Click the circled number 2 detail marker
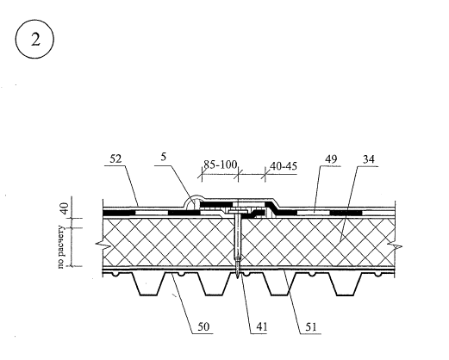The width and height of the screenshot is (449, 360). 34,39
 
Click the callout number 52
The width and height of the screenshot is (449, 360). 115,158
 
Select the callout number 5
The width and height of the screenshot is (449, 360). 164,157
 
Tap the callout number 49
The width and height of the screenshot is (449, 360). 331,158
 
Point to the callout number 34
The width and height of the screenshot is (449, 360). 369,158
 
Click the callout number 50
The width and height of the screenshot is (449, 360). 203,326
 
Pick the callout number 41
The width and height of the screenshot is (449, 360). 262,326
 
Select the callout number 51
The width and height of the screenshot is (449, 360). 311,326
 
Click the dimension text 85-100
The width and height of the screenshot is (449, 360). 221,164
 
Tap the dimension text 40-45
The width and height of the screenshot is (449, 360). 284,166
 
